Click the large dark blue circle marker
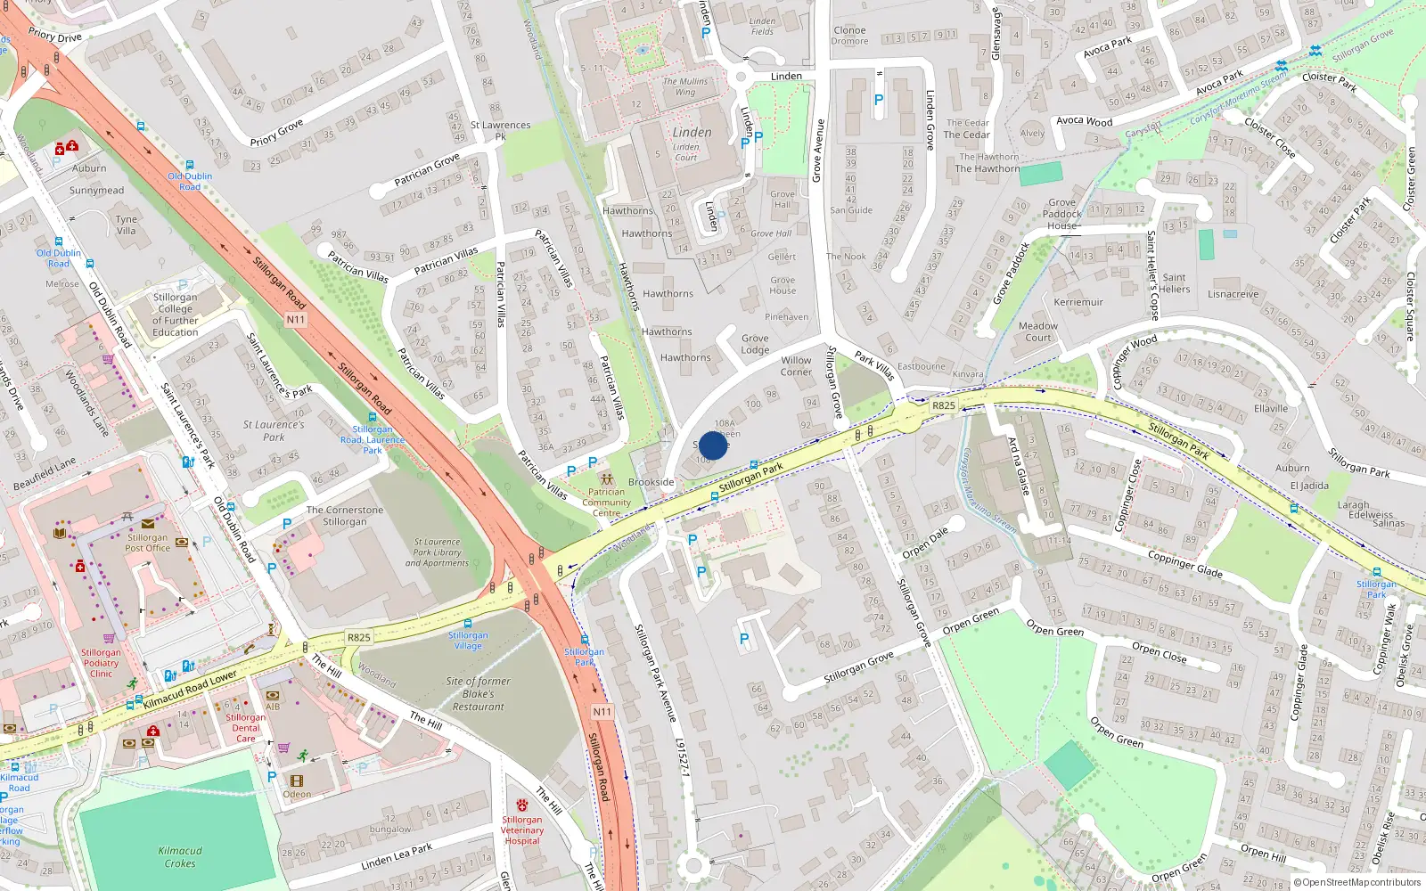pyautogui.click(x=713, y=445)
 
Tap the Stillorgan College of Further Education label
pyautogui.click(x=176, y=315)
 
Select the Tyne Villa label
pyautogui.click(x=127, y=225)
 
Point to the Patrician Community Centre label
pyautogui.click(x=606, y=503)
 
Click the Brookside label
pyautogui.click(x=652, y=482)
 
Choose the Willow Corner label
pyautogui.click(x=796, y=366)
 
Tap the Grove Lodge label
pyautogui.click(x=755, y=344)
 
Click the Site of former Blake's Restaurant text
pyautogui.click(x=479, y=694)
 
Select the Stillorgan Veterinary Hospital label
pyautogui.click(x=522, y=830)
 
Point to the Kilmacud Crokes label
pyautogui.click(x=180, y=856)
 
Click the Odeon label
pyautogui.click(x=298, y=794)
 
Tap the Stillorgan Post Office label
pyautogui.click(x=147, y=543)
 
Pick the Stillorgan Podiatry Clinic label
pyautogui.click(x=101, y=663)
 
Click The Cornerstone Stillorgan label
pyautogui.click(x=345, y=516)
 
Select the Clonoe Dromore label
pyautogui.click(x=849, y=36)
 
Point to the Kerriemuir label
pyautogui.click(x=1078, y=302)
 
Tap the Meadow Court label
pyautogui.click(x=1038, y=331)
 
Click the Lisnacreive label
pyautogui.click(x=1233, y=294)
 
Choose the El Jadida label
pyautogui.click(x=1309, y=486)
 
